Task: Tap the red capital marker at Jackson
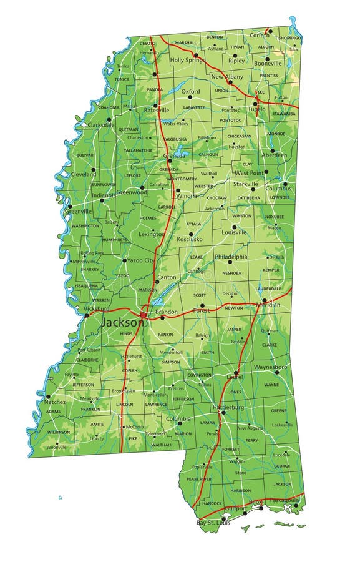[x=144, y=315]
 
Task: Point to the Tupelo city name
[x=256, y=109]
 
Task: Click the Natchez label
[x=54, y=402]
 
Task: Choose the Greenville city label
[x=78, y=211]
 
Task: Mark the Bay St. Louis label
[x=213, y=523]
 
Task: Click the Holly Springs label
[x=187, y=60]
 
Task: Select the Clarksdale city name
[x=101, y=125]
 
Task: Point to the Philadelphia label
[x=231, y=256]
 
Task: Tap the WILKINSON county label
[x=59, y=432]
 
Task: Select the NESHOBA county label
[x=231, y=273]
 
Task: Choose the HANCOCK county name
[x=212, y=503]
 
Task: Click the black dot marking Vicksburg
[x=87, y=315]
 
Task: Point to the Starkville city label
[x=245, y=184]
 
